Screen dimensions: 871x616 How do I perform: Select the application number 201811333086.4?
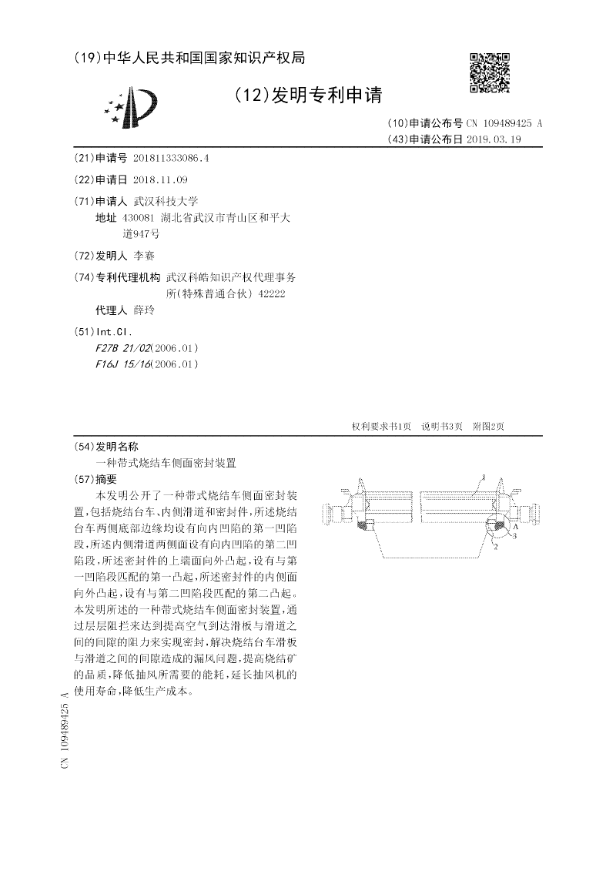click(x=171, y=158)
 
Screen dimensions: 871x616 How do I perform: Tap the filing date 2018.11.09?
click(x=160, y=179)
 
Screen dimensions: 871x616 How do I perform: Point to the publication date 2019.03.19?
click(x=494, y=139)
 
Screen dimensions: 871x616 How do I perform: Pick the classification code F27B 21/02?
click(x=122, y=348)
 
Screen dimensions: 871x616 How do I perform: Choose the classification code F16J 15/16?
click(x=122, y=364)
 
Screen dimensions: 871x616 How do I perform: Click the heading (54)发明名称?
click(x=106, y=447)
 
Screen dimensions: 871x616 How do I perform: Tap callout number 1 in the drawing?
click(x=484, y=477)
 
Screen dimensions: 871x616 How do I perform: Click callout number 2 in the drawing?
click(x=495, y=546)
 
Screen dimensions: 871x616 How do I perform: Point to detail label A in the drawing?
click(x=515, y=529)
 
